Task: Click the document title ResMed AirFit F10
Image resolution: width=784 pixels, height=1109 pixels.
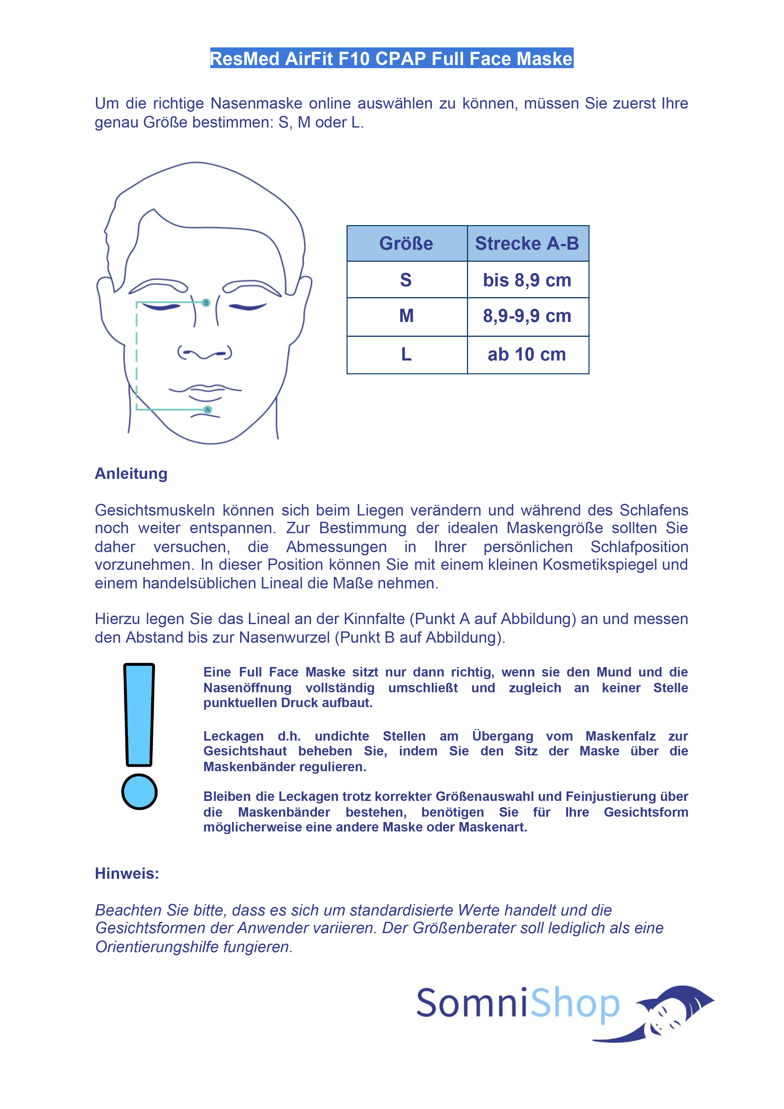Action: (391, 58)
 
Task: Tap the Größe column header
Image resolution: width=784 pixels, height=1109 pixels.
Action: (406, 243)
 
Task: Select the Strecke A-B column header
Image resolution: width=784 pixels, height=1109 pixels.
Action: (527, 243)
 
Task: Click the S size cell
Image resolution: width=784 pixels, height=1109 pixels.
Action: (406, 280)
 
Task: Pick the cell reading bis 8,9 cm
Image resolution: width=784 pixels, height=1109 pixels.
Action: (527, 280)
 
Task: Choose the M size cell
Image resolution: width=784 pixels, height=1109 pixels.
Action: (406, 316)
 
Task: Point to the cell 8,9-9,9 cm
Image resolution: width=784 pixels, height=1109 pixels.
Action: (527, 316)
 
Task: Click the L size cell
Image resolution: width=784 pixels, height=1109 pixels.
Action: (406, 355)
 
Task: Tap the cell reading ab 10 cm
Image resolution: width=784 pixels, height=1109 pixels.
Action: (527, 355)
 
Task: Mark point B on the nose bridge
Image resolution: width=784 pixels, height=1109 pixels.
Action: (206, 302)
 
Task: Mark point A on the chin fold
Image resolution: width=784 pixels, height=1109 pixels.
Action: (208, 409)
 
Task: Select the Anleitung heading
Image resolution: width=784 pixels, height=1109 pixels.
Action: (131, 473)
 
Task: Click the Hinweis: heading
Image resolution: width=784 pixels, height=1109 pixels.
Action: (127, 873)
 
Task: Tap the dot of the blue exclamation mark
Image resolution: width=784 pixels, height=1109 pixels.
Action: (139, 792)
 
